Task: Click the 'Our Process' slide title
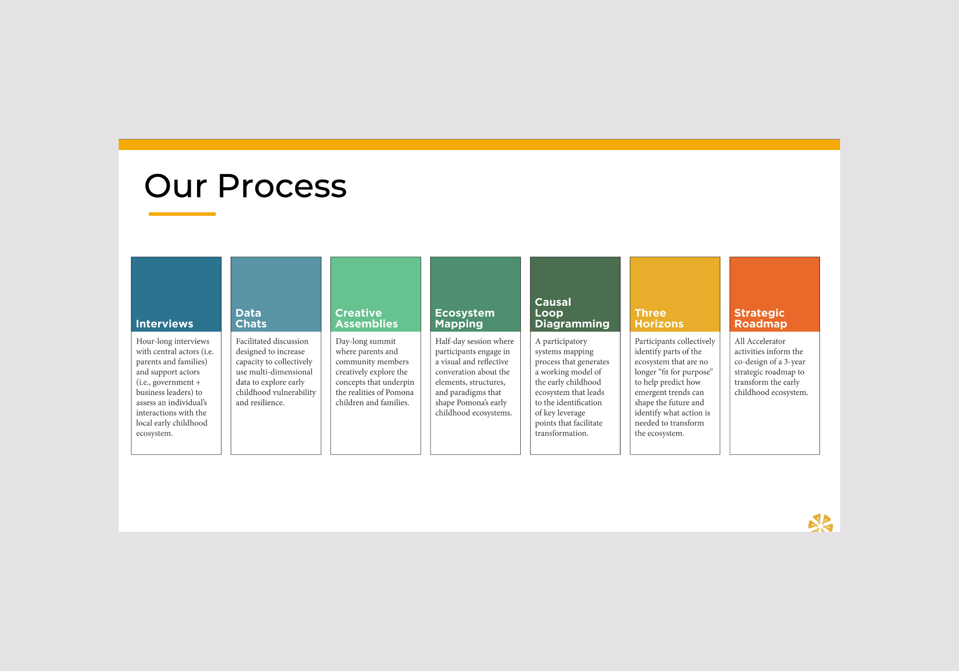tap(245, 186)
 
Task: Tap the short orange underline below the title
tap(182, 214)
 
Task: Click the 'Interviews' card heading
tap(164, 324)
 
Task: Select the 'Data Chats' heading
tap(251, 319)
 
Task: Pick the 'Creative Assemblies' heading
tap(366, 319)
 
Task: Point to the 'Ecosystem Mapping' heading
tap(464, 319)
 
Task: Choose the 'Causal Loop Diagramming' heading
tap(572, 313)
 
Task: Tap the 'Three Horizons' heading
tap(659, 319)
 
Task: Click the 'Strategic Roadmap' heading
tap(760, 319)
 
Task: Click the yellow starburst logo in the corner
tap(820, 523)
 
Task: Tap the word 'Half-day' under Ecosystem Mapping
tap(450, 341)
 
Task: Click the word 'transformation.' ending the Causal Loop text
tap(561, 433)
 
